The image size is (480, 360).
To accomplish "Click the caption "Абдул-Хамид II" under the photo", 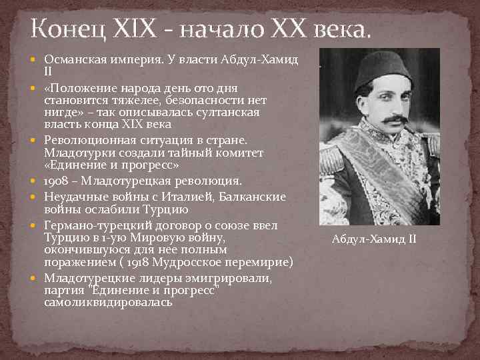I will [x=373, y=239].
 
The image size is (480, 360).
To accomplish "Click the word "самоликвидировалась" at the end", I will [x=108, y=302].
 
